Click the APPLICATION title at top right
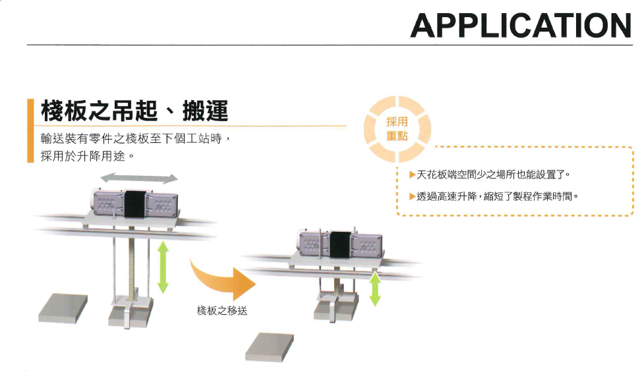pos(520,25)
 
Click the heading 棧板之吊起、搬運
pos(134,111)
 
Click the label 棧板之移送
pos(222,310)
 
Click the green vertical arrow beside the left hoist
pos(162,267)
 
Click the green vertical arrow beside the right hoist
pos(375,290)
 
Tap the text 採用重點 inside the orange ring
pos(397,129)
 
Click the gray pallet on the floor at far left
pos(63,307)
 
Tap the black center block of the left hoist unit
pos(134,203)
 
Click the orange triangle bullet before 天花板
pos(412,175)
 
